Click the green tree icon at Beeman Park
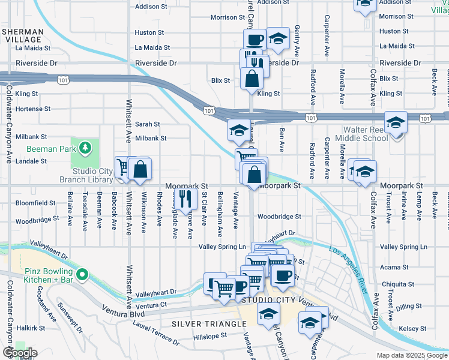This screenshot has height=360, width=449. pos(86,147)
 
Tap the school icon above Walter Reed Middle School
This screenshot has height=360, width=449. pos(396,123)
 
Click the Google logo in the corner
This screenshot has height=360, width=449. pos(20,353)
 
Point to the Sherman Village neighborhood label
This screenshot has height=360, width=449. pos(22,35)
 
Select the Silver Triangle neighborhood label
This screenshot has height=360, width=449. pos(209,324)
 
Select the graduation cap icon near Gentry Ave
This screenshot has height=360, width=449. pos(277,39)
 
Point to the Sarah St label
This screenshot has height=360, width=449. pos(147,124)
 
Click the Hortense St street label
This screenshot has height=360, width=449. pos(32,109)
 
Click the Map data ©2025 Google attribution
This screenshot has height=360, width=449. pos(411,355)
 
